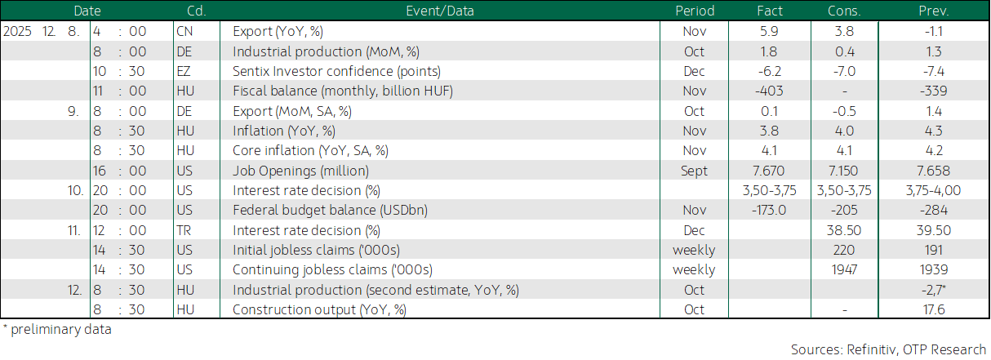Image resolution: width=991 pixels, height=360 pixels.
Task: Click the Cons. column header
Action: click(x=844, y=11)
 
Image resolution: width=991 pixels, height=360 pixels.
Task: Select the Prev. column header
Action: click(x=934, y=11)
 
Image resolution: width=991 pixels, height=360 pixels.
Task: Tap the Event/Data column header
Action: click(x=440, y=11)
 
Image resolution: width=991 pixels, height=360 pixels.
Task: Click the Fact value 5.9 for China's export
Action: click(x=769, y=31)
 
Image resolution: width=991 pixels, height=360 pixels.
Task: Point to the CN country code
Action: click(x=184, y=31)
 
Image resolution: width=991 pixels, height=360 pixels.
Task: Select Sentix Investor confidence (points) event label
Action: click(x=336, y=71)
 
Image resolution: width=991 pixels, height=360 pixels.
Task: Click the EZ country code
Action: click(x=184, y=71)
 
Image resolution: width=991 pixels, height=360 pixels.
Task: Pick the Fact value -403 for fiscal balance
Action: click(x=769, y=91)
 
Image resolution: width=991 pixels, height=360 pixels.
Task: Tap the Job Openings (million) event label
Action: click(x=301, y=171)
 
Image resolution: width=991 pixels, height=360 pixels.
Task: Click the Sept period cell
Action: click(x=694, y=171)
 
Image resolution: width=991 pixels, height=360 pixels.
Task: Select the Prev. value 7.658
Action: click(x=934, y=171)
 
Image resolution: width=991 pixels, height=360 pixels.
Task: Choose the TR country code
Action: click(x=184, y=230)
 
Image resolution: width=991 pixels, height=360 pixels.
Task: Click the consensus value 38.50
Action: click(x=844, y=230)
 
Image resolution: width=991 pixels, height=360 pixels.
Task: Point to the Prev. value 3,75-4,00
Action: click(x=934, y=191)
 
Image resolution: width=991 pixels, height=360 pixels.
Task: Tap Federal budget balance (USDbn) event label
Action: click(x=330, y=210)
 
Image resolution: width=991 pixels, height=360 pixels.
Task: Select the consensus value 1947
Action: click(x=844, y=269)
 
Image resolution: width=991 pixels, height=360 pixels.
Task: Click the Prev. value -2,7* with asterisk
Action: click(x=934, y=290)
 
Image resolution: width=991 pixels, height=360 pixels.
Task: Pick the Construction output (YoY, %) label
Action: click(x=319, y=309)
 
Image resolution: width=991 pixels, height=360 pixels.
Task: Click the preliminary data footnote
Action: click(x=57, y=330)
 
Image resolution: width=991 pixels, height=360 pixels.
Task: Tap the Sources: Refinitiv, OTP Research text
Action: click(x=888, y=349)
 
